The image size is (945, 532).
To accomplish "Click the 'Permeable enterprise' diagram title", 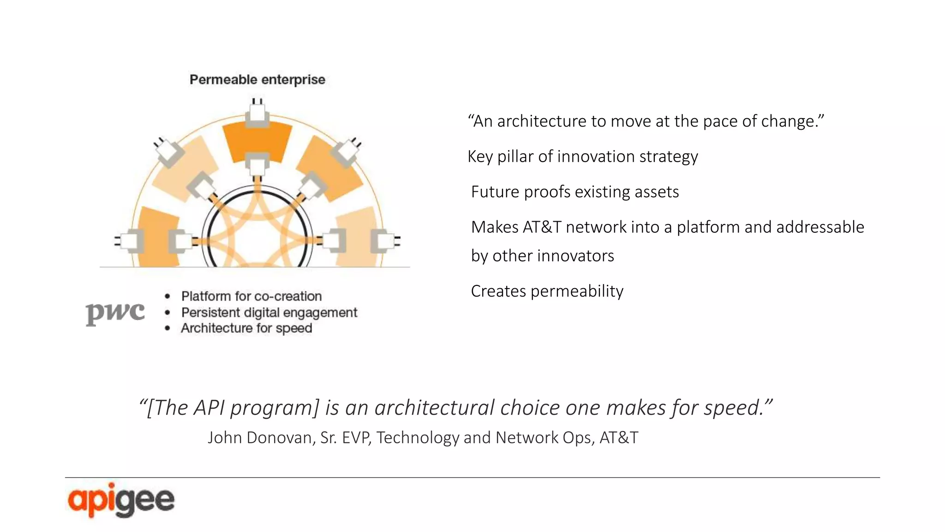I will click(257, 80).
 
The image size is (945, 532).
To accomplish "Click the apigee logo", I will click(121, 500).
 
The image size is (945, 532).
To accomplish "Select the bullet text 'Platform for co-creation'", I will click(251, 296).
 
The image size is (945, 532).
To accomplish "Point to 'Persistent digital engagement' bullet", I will click(269, 313).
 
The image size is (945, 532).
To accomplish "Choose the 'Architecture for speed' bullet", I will click(246, 328).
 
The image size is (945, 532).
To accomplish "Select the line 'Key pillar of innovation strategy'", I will click(582, 157).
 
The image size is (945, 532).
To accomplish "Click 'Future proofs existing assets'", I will click(574, 192).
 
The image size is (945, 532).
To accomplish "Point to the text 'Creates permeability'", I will click(547, 291).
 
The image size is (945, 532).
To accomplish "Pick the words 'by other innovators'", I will click(542, 256).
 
